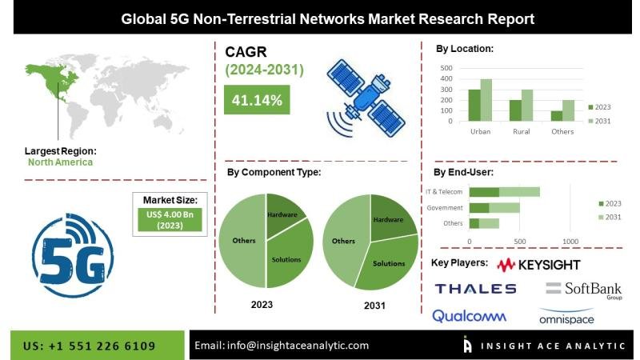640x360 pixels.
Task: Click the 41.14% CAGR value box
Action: [x=257, y=99]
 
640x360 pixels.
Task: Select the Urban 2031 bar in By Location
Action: [x=486, y=100]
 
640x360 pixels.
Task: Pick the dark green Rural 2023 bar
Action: [x=515, y=110]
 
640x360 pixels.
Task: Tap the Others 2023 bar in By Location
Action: [x=556, y=116]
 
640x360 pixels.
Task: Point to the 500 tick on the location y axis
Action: [x=446, y=68]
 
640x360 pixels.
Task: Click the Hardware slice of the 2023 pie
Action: [x=284, y=214]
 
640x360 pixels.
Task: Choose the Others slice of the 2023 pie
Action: [x=242, y=241]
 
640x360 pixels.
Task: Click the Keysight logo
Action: [x=538, y=265]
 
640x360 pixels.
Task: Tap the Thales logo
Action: [x=475, y=289]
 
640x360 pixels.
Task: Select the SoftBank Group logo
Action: [x=584, y=290]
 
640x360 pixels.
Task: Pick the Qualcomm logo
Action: [x=469, y=316]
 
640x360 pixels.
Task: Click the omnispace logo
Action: [x=566, y=317]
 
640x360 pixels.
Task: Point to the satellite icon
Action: [x=366, y=98]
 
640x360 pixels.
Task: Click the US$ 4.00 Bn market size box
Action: [x=170, y=220]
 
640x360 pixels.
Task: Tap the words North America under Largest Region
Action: [x=61, y=162]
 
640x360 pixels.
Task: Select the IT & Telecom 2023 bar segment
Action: [x=484, y=192]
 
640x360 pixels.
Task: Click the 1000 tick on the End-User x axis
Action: [x=570, y=242]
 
